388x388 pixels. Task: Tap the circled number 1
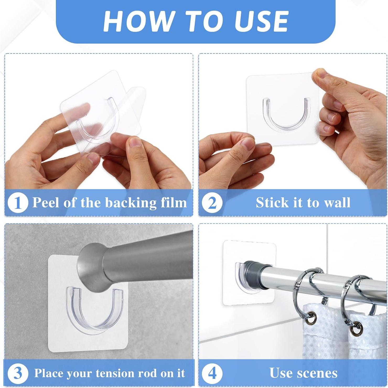click(x=18, y=203)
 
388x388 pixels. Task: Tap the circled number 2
click(x=212, y=203)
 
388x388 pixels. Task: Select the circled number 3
click(x=18, y=373)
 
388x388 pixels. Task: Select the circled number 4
click(x=212, y=373)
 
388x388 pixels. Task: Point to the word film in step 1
click(x=174, y=203)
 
